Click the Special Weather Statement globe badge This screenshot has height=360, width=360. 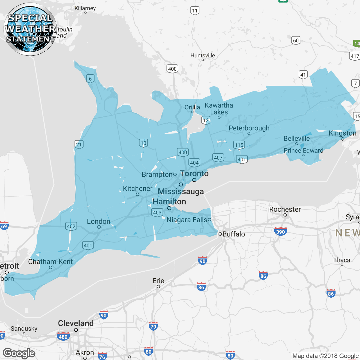(x=30, y=29)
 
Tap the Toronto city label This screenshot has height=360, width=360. (x=194, y=174)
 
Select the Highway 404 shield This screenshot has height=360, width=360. (x=194, y=163)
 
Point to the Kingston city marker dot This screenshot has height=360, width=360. (x=342, y=139)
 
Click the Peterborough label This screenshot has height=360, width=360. (x=249, y=128)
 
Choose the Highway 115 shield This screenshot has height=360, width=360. (x=239, y=145)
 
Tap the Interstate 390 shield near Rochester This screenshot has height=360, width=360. (x=280, y=231)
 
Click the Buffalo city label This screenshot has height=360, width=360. (x=233, y=234)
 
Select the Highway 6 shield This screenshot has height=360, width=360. (x=90, y=79)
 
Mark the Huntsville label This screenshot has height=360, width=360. (x=202, y=55)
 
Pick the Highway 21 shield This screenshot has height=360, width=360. (x=79, y=145)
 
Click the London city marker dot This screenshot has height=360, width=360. (x=99, y=227)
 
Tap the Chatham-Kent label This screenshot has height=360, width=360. (x=50, y=262)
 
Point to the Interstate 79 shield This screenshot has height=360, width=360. (x=153, y=326)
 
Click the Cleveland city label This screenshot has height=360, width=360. (x=76, y=323)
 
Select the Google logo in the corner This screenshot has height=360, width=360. (x=19, y=353)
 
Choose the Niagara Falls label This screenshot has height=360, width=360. (x=187, y=220)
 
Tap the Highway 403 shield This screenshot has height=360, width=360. (x=157, y=212)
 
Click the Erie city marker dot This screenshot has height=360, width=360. (x=158, y=287)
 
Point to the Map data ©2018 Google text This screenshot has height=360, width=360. (x=325, y=356)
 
